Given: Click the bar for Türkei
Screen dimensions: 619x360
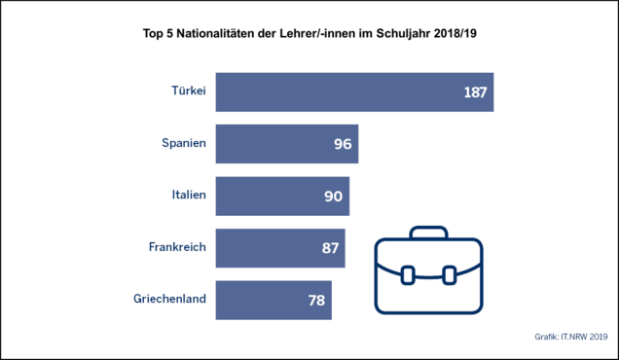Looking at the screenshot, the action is [x=354, y=92].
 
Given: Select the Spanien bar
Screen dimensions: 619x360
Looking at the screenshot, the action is [x=287, y=144].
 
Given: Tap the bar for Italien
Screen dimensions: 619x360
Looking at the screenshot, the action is [x=282, y=197].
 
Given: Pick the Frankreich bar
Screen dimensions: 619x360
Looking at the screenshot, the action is [x=280, y=248].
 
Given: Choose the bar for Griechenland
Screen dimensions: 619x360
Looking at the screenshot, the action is [x=273, y=301].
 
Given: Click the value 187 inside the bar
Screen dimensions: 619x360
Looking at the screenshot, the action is [x=475, y=92].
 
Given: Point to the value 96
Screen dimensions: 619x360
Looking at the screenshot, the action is [x=343, y=144].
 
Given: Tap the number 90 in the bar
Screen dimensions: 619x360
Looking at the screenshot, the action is [x=334, y=197].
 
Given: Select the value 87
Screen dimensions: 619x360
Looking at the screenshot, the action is [x=330, y=248].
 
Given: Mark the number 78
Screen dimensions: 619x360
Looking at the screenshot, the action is [x=316, y=301].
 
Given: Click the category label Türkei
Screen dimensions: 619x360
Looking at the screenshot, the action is [x=189, y=90].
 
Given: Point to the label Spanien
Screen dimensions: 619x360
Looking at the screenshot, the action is [x=184, y=143].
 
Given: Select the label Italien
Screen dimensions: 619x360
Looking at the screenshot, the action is [x=189, y=195].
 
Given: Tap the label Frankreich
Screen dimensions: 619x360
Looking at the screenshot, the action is [x=178, y=247].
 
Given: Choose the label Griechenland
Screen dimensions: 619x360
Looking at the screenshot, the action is [x=169, y=299].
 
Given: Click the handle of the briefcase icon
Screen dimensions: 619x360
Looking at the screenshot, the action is [x=428, y=228].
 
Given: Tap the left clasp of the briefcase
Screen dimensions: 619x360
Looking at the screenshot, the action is [x=408, y=275].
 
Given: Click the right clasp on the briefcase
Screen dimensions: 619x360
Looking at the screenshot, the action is [x=450, y=275].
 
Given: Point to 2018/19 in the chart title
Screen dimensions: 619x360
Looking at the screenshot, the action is [x=455, y=33].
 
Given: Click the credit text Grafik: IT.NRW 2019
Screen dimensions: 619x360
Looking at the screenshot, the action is [x=571, y=337].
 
